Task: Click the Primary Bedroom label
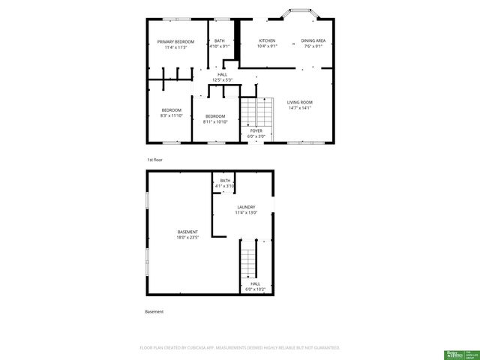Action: (175, 41)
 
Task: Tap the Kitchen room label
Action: (267, 40)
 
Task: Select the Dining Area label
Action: (313, 40)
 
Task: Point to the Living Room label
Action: (300, 102)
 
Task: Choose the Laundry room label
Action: (246, 207)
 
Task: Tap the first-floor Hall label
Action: (222, 74)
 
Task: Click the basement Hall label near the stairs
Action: (255, 283)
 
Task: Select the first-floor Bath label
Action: (219, 41)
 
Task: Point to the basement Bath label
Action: (226, 181)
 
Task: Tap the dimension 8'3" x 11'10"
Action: (171, 115)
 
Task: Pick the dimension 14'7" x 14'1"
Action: (300, 108)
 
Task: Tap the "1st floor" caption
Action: (154, 160)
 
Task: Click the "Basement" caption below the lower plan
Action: (154, 311)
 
